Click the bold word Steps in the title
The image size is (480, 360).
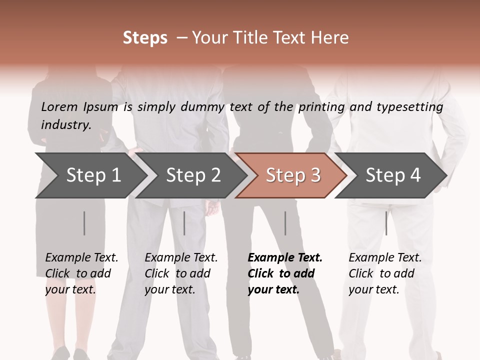(145, 38)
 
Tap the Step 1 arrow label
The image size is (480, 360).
(93, 175)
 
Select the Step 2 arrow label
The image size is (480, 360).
(193, 175)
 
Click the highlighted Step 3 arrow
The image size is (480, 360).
(293, 175)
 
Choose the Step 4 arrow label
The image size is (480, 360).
(393, 175)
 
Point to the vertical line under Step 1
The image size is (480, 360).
(84, 223)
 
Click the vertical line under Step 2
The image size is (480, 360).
(184, 223)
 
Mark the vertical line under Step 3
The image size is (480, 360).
(285, 223)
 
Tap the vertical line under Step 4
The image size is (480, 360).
(386, 223)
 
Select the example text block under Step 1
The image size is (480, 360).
(81, 273)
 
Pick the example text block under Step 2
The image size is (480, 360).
(181, 273)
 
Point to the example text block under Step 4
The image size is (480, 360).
(385, 273)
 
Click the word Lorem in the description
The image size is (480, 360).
(59, 107)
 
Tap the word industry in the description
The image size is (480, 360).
(66, 125)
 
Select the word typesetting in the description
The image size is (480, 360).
(409, 107)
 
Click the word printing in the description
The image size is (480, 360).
(320, 107)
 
